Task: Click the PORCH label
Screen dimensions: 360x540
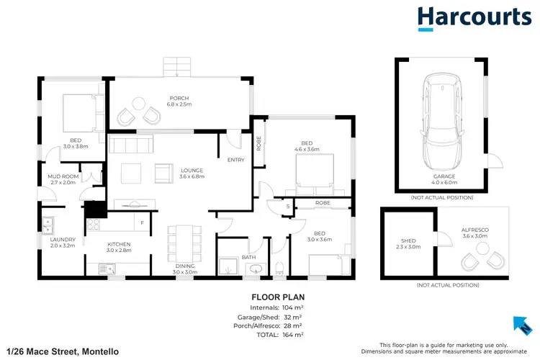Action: (x=179, y=98)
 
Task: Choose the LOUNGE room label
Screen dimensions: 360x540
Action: (x=192, y=171)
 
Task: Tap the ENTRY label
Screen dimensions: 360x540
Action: (x=235, y=160)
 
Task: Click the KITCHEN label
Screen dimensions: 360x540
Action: (x=119, y=244)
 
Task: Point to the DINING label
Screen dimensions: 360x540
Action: (x=184, y=265)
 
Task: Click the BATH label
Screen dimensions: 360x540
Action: (x=248, y=257)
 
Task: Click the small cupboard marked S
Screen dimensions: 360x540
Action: (x=287, y=206)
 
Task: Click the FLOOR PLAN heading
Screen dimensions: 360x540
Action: (x=276, y=297)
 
